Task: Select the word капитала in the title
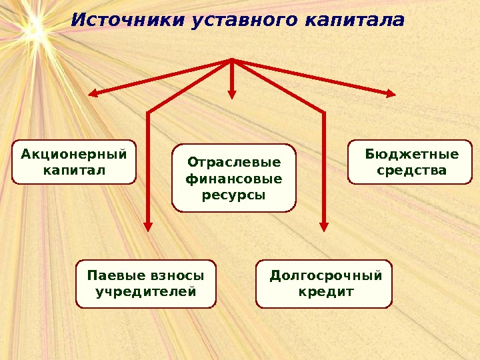tap(354, 21)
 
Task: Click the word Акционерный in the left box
tap(74, 155)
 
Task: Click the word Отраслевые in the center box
tap(234, 162)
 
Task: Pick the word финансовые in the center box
tap(233, 179)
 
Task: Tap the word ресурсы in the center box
tap(233, 195)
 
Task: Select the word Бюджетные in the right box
tap(412, 155)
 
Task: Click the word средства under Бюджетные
tap(411, 171)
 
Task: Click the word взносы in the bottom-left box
tap(178, 275)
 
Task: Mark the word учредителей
tap(146, 291)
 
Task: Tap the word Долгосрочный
tap(325, 275)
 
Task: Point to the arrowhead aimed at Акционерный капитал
tap(95, 94)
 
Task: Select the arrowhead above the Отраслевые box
tap(233, 95)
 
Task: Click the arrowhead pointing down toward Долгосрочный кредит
tap(324, 225)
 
